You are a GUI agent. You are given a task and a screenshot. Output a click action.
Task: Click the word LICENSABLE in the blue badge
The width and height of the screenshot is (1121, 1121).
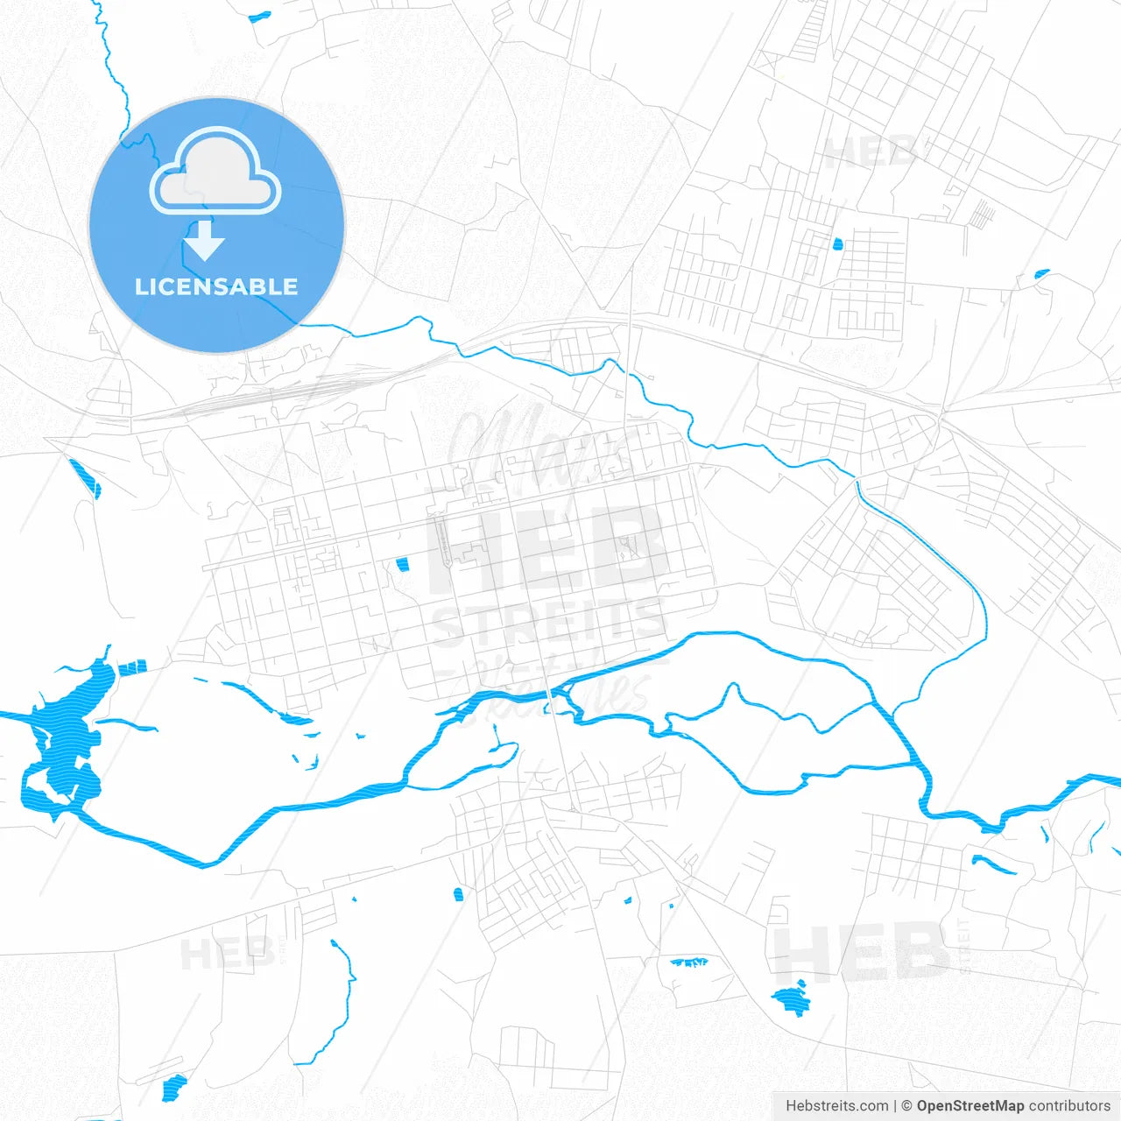[x=216, y=287]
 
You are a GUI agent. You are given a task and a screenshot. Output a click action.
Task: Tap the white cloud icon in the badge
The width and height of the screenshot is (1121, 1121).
[x=215, y=173]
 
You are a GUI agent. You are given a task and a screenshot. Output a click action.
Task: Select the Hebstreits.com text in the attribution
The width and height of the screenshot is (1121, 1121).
[x=836, y=1106]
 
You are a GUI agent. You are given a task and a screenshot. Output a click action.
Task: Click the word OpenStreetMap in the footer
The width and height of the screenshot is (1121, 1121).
[x=969, y=1106]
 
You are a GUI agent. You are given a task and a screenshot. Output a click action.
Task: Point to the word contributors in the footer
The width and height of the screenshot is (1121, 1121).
[x=1069, y=1106]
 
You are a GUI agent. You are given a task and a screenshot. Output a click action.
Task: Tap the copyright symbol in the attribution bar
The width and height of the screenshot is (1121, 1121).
[x=906, y=1106]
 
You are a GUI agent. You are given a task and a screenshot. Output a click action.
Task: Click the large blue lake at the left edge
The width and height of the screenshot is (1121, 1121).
[x=66, y=744]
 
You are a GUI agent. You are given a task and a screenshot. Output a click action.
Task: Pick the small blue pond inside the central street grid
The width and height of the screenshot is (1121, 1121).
[x=403, y=565]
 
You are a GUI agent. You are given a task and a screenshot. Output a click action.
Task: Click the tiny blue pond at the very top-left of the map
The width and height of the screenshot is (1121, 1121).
[x=260, y=16]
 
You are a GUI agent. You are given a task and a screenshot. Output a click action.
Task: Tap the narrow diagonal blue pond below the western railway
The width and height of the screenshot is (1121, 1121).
[x=86, y=477]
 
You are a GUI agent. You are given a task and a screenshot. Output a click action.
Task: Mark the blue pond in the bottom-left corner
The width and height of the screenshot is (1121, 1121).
[x=174, y=1087]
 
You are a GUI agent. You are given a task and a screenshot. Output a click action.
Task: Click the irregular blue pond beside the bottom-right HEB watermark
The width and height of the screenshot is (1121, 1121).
[x=791, y=999]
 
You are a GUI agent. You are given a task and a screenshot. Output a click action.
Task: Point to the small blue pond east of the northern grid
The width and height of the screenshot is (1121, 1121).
[x=1041, y=274]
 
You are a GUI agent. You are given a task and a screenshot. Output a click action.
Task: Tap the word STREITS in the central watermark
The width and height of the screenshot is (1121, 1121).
[x=548, y=624]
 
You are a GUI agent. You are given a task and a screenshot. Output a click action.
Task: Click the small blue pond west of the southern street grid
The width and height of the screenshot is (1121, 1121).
[x=458, y=894]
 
